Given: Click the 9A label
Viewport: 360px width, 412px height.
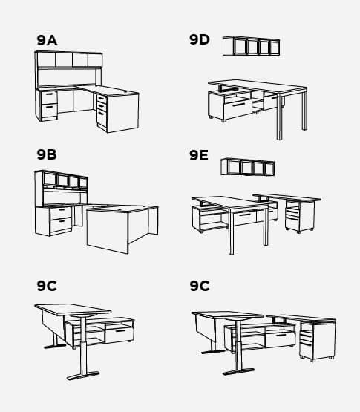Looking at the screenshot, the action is (47, 40).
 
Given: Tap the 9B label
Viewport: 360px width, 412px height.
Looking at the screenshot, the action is (47, 154).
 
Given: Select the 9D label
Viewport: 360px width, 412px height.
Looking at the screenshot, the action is (200, 39).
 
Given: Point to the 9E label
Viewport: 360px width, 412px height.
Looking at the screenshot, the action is (199, 155).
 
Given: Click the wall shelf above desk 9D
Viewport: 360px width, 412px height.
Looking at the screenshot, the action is (251, 46).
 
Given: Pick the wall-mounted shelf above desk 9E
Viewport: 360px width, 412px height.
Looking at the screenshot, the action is (248, 167).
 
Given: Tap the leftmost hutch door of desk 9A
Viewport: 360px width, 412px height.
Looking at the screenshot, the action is (47, 60).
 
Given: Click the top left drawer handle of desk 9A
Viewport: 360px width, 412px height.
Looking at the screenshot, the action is (49, 94).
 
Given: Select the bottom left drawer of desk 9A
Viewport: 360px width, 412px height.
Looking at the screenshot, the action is (50, 111).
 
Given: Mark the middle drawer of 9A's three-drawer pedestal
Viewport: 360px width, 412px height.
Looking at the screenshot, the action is (102, 105).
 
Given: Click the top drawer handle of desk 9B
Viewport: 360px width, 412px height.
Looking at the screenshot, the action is (62, 209).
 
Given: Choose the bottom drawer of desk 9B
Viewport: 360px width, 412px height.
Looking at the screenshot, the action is (61, 225).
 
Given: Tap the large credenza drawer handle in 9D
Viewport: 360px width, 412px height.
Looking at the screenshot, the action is (238, 105).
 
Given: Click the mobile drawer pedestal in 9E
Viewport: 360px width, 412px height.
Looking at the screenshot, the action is (300, 216).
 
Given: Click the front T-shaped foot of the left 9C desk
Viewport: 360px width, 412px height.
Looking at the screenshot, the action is (83, 376).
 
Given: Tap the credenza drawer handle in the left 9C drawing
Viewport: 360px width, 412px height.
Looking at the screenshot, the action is (120, 330).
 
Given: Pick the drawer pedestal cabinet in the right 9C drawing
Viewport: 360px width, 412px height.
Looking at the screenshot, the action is (318, 340).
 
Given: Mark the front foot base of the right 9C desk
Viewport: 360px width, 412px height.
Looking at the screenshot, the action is (238, 371).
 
